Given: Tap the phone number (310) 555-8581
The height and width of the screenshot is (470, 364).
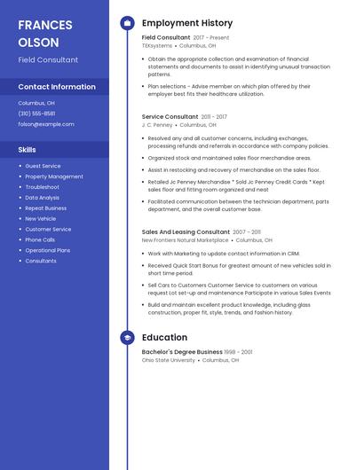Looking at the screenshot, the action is tap(36, 114).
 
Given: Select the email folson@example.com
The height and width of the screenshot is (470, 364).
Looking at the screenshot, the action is tap(46, 124).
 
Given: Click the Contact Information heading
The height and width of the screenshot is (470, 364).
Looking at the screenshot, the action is tap(57, 87).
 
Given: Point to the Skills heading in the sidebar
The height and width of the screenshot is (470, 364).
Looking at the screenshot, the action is tap(27, 150).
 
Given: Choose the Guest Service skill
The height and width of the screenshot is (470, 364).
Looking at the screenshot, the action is tap(43, 166).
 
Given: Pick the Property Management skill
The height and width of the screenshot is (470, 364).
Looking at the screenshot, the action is tap(54, 176).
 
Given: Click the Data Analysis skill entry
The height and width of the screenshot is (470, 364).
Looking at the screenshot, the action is tap(43, 198).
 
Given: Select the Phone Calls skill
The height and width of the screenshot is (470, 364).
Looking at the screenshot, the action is tap(40, 239).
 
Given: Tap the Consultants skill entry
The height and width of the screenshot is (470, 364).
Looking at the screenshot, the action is tap(41, 261).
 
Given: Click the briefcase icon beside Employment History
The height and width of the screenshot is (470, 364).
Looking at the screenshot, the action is tap(127, 23).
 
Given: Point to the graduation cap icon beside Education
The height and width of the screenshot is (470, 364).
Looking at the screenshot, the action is tap(127, 338).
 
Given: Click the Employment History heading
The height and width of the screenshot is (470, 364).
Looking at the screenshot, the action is tap(187, 23).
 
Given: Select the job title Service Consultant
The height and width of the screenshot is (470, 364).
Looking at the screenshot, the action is tap(170, 116).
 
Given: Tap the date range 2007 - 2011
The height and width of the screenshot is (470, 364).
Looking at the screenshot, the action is tap(247, 231).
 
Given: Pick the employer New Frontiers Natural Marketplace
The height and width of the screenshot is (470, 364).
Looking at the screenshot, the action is tap(185, 239).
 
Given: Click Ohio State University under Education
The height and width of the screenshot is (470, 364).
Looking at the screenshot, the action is tap(168, 360).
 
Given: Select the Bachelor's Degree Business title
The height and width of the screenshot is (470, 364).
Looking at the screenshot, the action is tap(182, 352).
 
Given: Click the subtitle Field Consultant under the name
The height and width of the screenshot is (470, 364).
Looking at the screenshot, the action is tap(48, 60).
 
